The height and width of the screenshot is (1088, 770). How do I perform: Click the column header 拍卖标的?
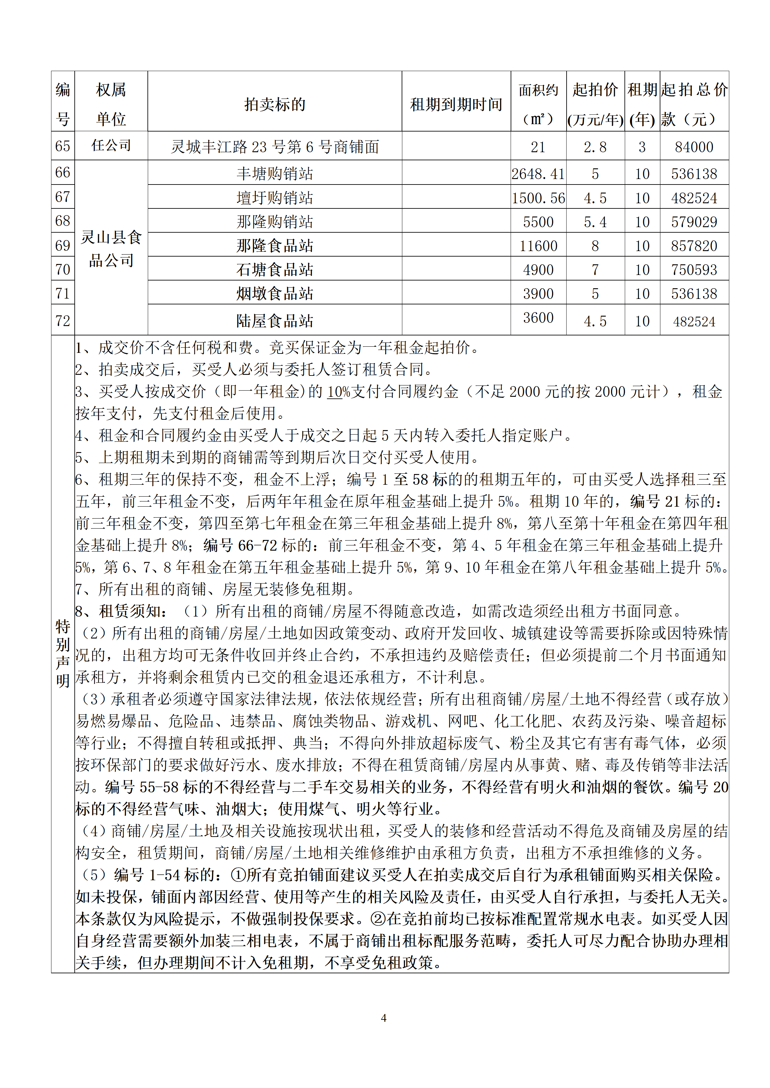coord(275,104)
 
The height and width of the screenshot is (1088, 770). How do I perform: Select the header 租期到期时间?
coord(456,104)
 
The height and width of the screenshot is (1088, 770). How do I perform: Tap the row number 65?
coord(63,146)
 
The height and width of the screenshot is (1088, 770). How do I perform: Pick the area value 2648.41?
coord(538,174)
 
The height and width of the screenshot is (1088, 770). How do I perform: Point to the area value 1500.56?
coord(538,198)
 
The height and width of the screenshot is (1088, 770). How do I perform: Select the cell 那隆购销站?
coord(275,222)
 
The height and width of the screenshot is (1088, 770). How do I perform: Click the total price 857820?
coord(694,246)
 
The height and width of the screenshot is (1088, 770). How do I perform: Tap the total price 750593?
coord(694,269)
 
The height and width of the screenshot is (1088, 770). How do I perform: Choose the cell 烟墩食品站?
coord(275,294)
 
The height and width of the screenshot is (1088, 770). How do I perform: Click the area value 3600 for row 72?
coord(538,318)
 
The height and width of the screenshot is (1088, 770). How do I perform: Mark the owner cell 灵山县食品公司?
coord(111,248)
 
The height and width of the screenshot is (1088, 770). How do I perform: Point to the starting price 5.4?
coord(595,222)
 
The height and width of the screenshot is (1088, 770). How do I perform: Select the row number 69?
coord(63,246)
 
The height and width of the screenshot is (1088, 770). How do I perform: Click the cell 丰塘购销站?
coord(275,174)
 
